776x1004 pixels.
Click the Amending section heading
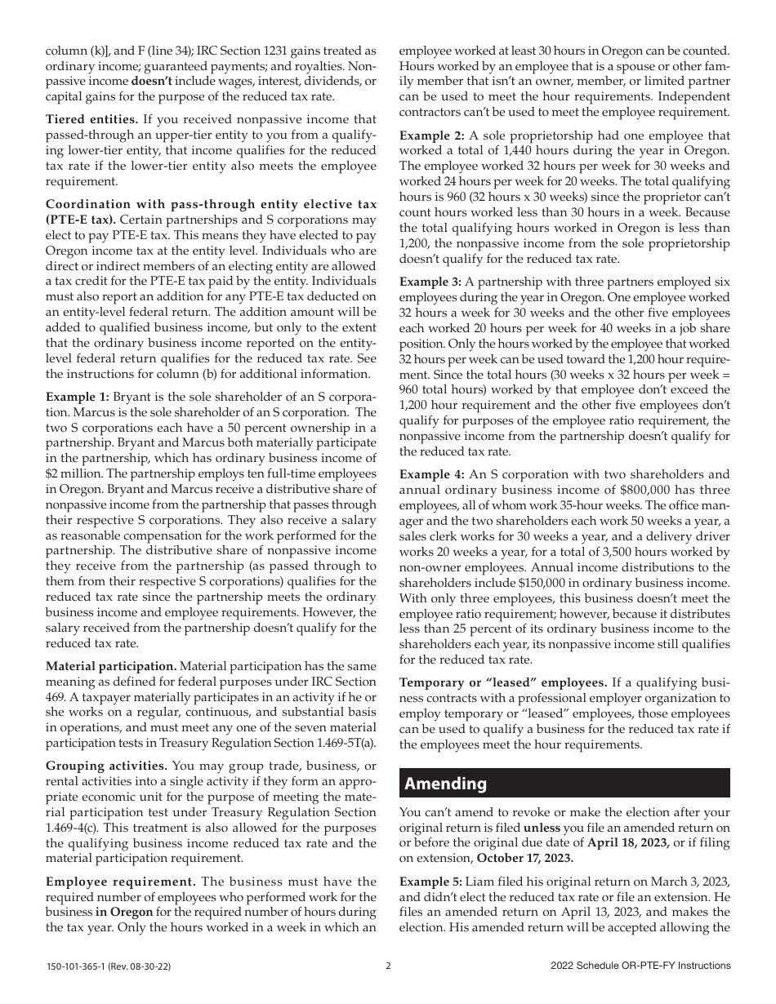pyautogui.click(x=446, y=784)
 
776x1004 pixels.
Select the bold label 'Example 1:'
pyautogui.click(x=76, y=397)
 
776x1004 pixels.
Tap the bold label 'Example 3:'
pyautogui.click(x=430, y=282)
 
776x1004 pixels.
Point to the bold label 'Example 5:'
pyautogui.click(x=430, y=882)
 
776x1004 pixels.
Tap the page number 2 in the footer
pyautogui.click(x=388, y=966)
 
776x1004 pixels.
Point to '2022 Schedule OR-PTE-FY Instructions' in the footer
pyautogui.click(x=640, y=966)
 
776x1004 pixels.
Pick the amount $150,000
pyautogui.click(x=549, y=583)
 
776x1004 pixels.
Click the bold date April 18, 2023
pyautogui.click(x=628, y=842)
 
